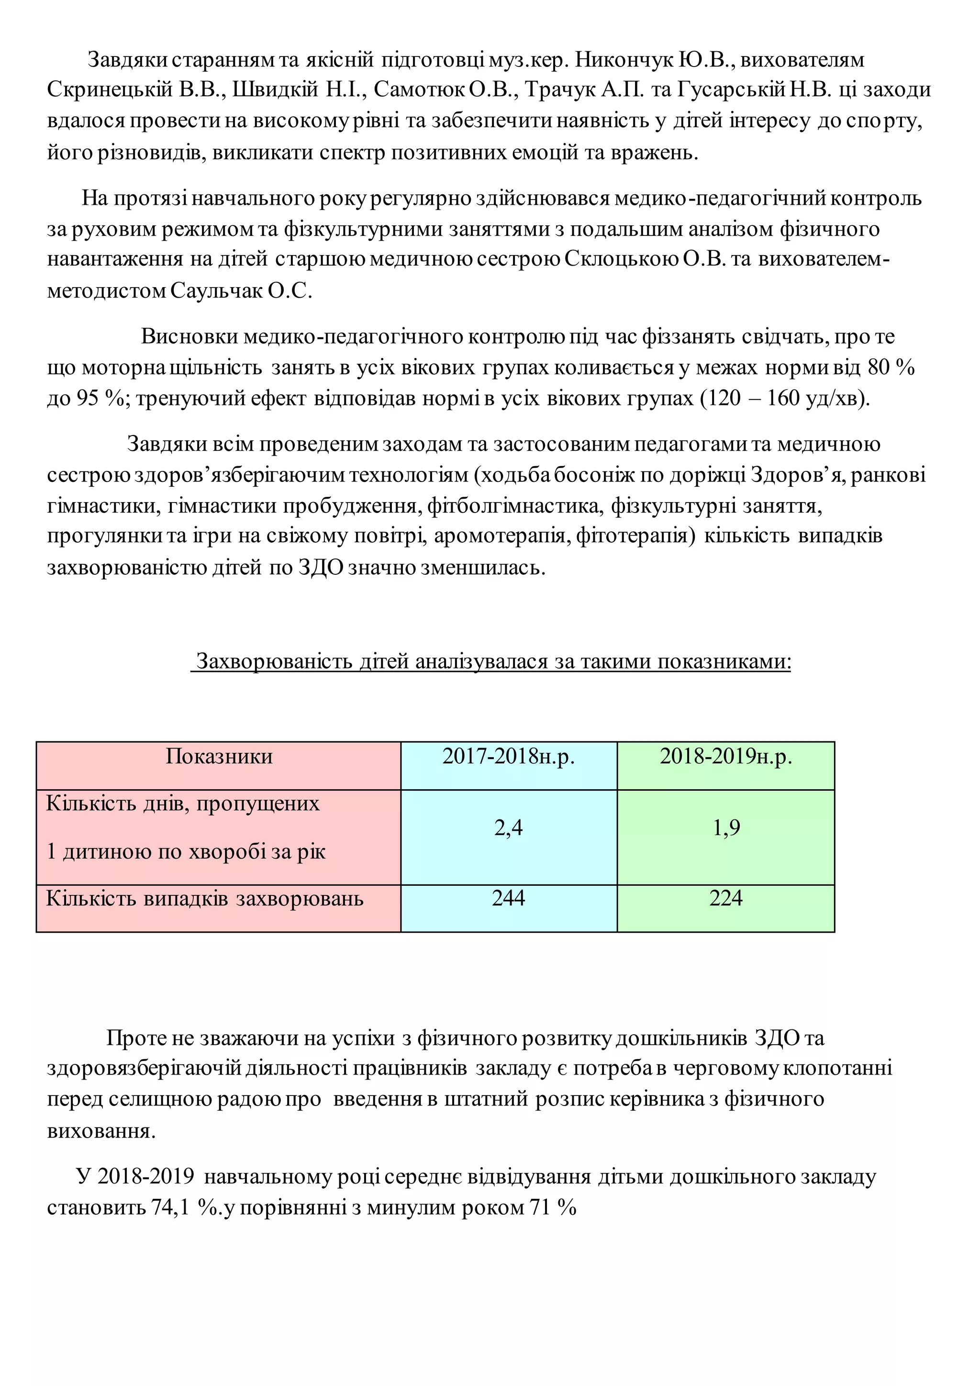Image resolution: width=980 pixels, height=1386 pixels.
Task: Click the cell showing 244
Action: [508, 898]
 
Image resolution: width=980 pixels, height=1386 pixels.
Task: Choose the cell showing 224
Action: [725, 898]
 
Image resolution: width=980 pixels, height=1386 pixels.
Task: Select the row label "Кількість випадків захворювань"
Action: [205, 899]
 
